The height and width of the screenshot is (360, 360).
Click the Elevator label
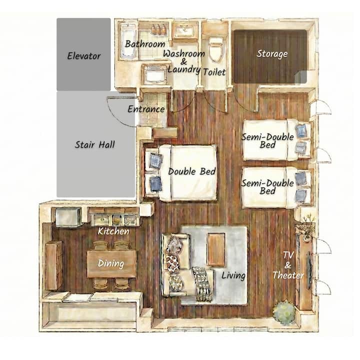(x=84, y=56)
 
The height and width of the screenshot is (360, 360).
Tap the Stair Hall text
(x=95, y=144)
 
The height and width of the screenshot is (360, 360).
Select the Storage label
(x=272, y=53)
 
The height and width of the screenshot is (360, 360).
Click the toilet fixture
(x=216, y=49)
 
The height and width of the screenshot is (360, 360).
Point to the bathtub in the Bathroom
(x=128, y=41)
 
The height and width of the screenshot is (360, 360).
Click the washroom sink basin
(x=185, y=30)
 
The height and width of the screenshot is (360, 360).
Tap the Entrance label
(x=146, y=109)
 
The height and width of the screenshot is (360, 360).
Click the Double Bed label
(x=192, y=171)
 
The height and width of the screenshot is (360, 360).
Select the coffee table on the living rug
(x=216, y=249)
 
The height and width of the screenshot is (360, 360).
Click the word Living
(x=233, y=275)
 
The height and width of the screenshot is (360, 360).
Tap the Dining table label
(x=111, y=263)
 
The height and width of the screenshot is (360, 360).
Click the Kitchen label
(x=113, y=231)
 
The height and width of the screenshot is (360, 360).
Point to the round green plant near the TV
(x=284, y=313)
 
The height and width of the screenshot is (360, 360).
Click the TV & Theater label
(x=288, y=265)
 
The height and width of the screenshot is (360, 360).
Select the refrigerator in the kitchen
(x=68, y=216)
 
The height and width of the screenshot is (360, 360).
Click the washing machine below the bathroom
(x=154, y=73)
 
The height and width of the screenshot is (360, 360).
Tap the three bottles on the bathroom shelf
(x=158, y=29)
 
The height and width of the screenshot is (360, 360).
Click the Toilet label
(x=214, y=72)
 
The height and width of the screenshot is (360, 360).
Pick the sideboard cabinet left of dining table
(x=54, y=265)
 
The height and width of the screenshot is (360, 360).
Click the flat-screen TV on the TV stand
(x=309, y=270)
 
